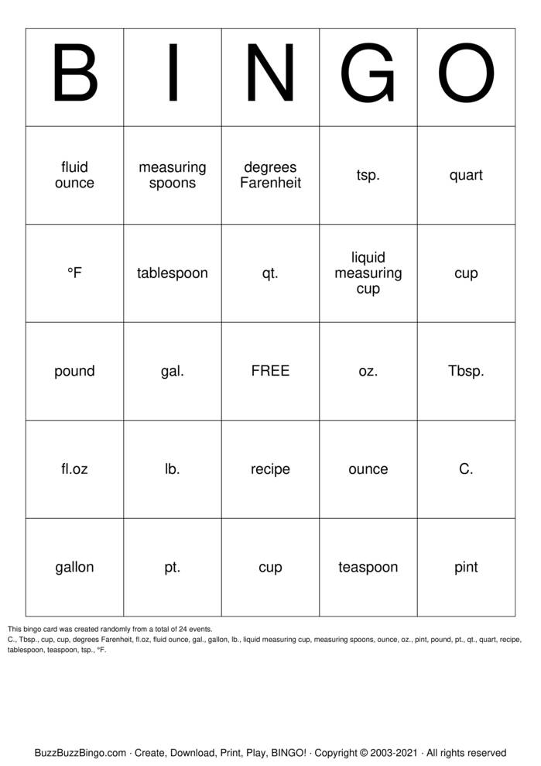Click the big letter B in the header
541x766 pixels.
click(74, 76)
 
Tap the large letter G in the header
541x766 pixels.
click(368, 76)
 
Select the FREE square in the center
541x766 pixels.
click(270, 371)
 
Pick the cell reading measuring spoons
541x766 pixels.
click(173, 175)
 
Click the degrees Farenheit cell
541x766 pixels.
click(270, 175)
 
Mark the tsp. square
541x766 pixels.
click(368, 175)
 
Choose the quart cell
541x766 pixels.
click(466, 175)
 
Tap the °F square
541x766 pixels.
click(74, 273)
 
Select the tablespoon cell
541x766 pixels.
click(173, 273)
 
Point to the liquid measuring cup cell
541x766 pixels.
click(368, 273)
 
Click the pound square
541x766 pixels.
click(74, 371)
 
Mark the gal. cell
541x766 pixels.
click(173, 371)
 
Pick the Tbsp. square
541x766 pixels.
click(466, 371)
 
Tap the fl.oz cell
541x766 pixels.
click(74, 469)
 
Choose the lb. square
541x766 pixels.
click(173, 469)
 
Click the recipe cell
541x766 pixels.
click(270, 469)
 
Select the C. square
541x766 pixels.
click(466, 469)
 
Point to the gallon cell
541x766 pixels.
click(74, 567)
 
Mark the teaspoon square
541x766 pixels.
click(368, 567)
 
